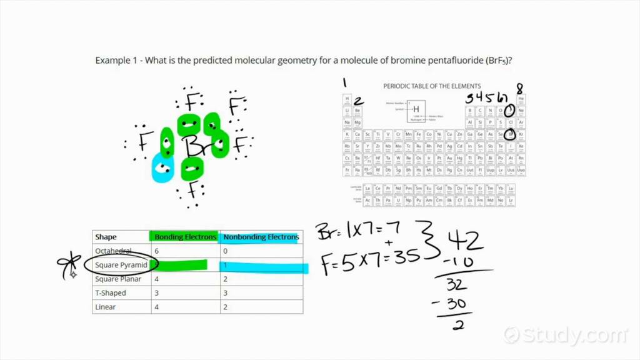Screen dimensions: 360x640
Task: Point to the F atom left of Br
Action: click(x=144, y=144)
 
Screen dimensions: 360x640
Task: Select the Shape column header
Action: click(x=106, y=237)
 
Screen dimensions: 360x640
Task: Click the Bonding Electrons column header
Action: click(x=185, y=237)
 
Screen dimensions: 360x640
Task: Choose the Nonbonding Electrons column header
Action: click(x=261, y=237)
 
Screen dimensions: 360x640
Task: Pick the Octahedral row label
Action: click(x=113, y=251)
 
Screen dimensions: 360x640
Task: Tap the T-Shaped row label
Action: click(x=111, y=293)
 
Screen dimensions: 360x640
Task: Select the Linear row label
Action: click(x=105, y=307)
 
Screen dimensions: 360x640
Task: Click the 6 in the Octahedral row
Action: click(x=157, y=251)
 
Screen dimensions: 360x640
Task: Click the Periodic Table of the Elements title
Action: click(x=432, y=86)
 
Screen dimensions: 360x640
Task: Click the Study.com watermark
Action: click(x=566, y=335)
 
